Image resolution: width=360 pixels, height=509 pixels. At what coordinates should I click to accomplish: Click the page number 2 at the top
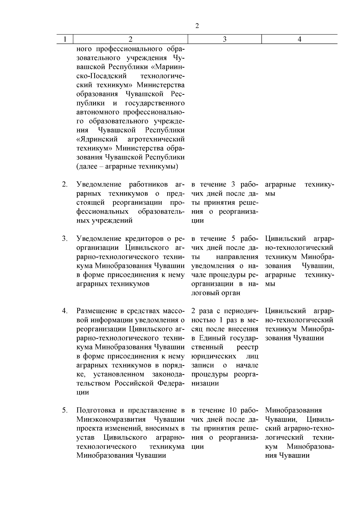(x=197, y=26)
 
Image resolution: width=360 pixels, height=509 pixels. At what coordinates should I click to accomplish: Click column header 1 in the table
(x=65, y=39)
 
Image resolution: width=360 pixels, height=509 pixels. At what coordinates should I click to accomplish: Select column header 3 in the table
(x=225, y=39)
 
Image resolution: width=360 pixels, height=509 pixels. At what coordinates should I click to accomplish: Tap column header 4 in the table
(x=299, y=39)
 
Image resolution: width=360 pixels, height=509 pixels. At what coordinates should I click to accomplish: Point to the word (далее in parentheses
(x=86, y=166)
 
